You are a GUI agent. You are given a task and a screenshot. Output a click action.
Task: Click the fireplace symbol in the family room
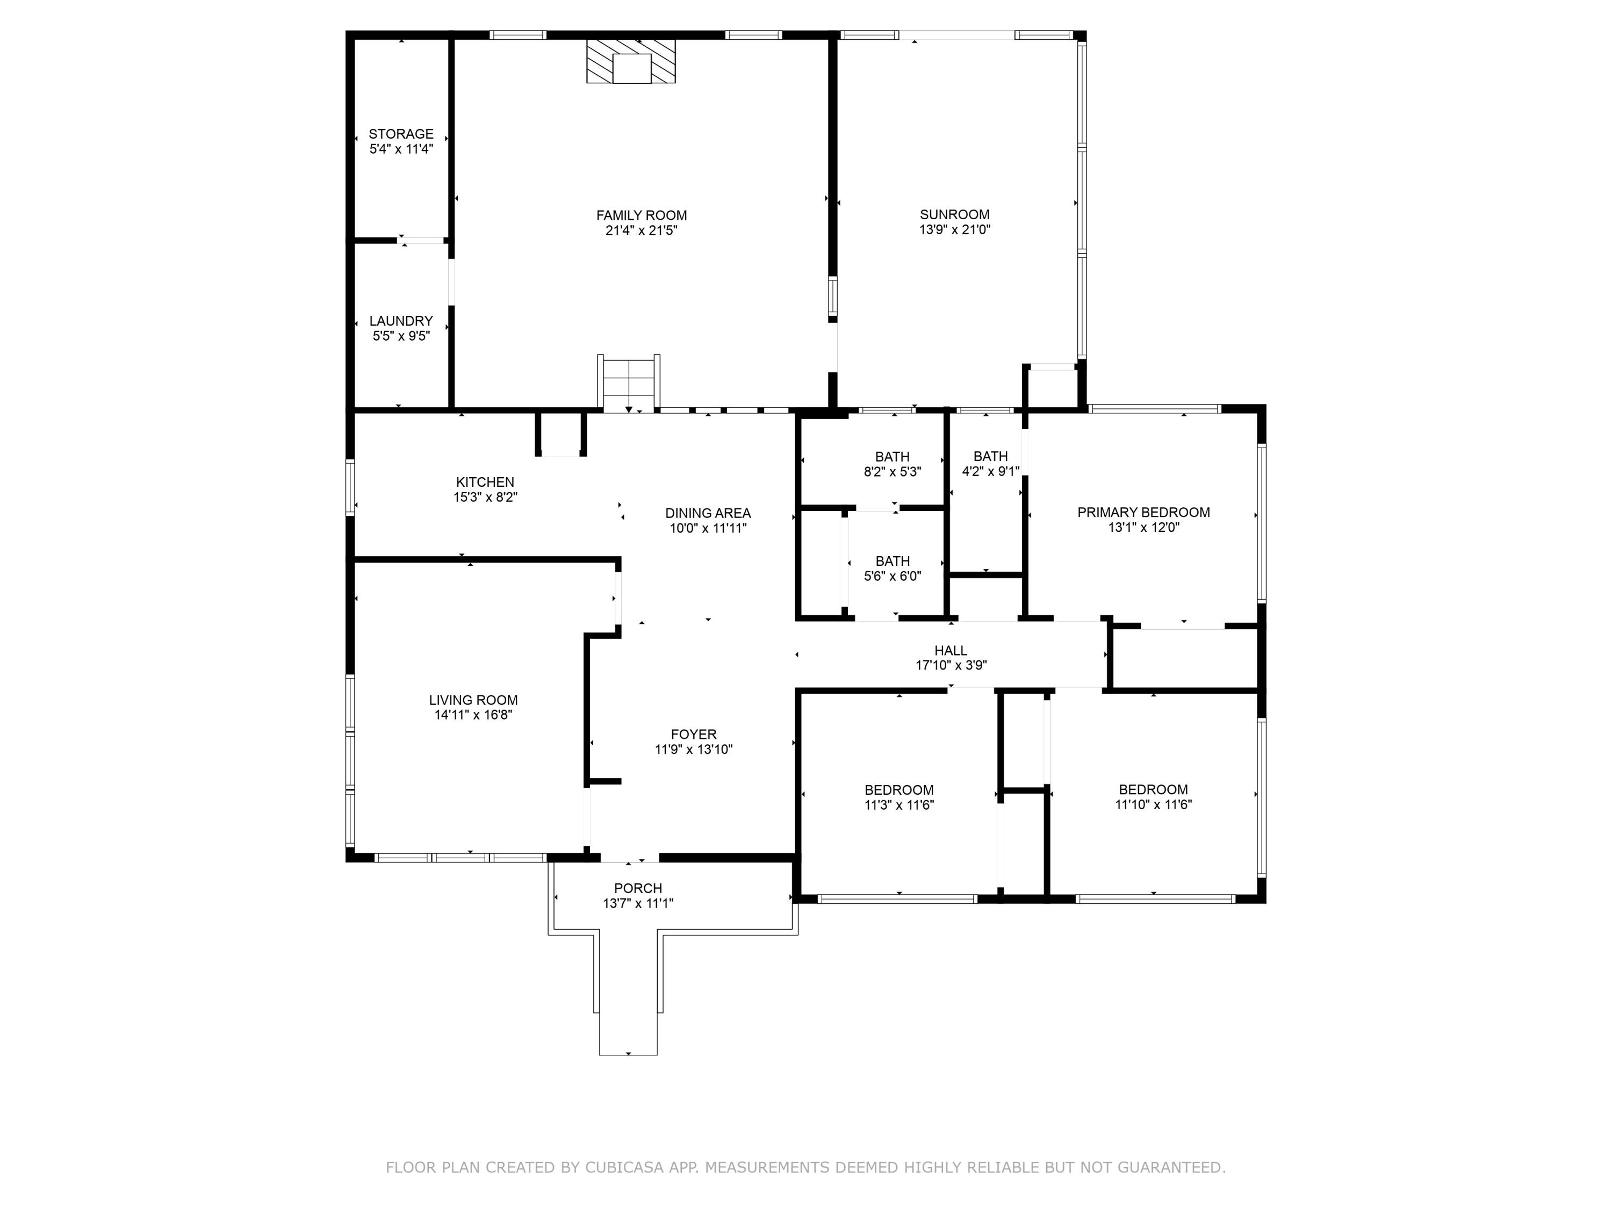click(x=631, y=61)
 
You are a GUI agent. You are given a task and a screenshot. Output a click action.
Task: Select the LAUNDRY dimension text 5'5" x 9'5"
click(x=401, y=336)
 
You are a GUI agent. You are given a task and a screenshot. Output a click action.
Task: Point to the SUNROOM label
click(x=954, y=214)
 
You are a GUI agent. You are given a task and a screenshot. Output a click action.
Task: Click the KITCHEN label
click(x=485, y=481)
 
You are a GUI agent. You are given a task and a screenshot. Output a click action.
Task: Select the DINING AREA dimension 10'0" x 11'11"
click(x=708, y=528)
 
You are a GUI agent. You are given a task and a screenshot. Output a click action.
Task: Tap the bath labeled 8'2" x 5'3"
click(x=892, y=464)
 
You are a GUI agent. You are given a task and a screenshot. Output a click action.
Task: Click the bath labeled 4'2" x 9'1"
click(x=990, y=464)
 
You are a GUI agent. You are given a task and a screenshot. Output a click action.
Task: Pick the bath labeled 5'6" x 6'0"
click(x=892, y=568)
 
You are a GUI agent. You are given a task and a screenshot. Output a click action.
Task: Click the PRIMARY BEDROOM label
click(x=1143, y=512)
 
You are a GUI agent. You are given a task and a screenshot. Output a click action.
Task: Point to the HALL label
click(x=951, y=651)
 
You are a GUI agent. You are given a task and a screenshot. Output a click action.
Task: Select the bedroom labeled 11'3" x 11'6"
click(x=898, y=797)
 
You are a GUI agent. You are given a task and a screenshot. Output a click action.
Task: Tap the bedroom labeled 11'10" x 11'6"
click(x=1153, y=796)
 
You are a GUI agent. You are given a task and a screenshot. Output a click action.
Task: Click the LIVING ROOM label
click(x=473, y=700)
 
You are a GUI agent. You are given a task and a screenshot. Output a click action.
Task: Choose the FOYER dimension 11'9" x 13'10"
click(x=693, y=749)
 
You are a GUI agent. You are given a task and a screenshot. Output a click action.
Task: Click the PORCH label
click(x=638, y=888)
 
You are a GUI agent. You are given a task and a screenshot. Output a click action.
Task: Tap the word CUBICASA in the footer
click(x=624, y=1168)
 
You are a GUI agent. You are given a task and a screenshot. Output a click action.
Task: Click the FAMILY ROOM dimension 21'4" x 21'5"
click(x=641, y=231)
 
